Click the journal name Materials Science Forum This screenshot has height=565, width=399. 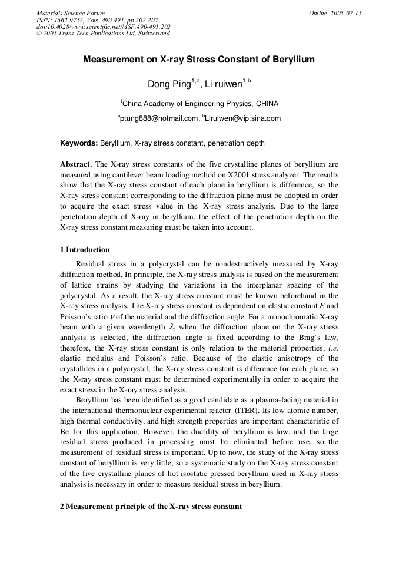pos(71,13)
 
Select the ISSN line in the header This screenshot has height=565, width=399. pos(97,19)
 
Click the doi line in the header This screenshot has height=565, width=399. pos(103,27)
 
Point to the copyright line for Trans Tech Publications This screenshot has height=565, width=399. pos(103,33)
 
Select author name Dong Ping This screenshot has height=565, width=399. pos(169,84)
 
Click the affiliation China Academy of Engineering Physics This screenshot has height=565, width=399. pos(200,103)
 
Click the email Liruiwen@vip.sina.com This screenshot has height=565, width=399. pos(243,118)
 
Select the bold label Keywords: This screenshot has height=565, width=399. pos(79,143)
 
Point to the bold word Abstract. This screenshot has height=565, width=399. pos(76,164)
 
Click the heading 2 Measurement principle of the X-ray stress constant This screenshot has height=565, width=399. pos(151,506)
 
